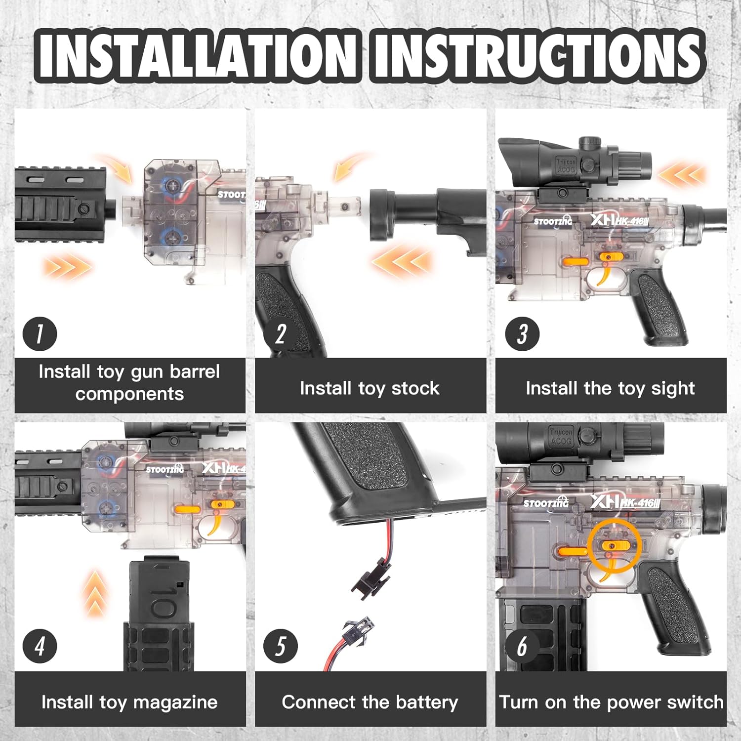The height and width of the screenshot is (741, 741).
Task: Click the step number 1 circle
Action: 40,334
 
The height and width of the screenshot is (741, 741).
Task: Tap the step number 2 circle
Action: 281,334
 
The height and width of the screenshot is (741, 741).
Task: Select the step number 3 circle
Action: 522,334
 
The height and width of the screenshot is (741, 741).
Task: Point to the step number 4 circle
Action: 40,646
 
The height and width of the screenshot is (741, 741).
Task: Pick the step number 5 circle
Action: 281,646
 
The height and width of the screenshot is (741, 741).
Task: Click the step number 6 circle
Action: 522,646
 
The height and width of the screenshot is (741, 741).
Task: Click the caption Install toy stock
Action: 370,388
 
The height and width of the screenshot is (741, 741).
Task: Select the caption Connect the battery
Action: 370,702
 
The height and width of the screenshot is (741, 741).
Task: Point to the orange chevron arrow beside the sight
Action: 682,174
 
